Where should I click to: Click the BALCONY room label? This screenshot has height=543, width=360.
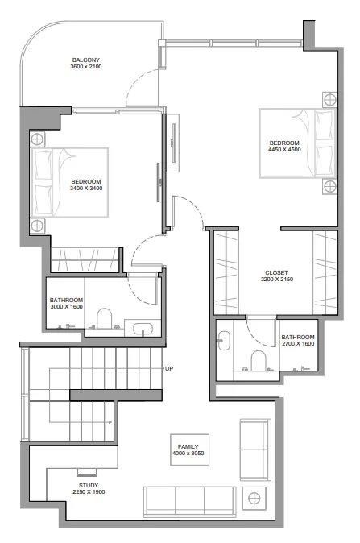85,60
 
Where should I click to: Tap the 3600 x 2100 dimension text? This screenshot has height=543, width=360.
85,68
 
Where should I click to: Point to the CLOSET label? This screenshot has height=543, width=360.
276,272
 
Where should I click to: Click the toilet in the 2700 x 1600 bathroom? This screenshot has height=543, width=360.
259,360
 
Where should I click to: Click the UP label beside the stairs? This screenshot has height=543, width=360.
169,369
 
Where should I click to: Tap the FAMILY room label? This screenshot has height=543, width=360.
189,446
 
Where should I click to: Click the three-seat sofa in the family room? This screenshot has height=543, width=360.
189,500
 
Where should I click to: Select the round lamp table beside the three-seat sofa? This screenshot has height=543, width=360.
256,498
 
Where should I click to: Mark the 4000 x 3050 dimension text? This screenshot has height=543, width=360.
189,453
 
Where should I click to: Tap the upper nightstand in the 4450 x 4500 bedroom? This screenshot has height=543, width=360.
329,100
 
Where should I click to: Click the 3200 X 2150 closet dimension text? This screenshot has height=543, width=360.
276,280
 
